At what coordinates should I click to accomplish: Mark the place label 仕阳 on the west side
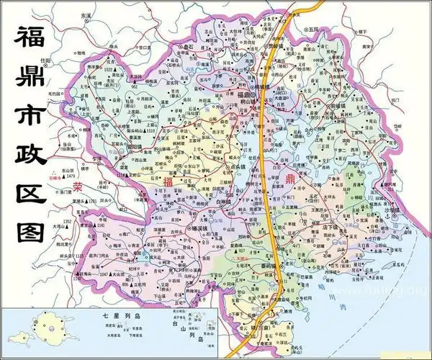pos(46,60)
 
